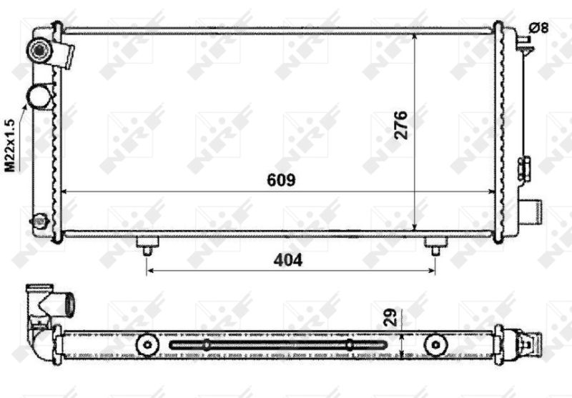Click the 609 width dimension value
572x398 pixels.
click(281, 180)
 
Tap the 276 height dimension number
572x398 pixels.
click(401, 125)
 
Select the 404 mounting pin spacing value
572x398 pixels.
click(288, 260)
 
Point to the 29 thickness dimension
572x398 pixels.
click(390, 317)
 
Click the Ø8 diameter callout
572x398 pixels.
click(538, 28)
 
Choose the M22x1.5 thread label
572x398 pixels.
click(10, 145)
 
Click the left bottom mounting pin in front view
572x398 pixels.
click(147, 246)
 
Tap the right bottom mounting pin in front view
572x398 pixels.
click(435, 246)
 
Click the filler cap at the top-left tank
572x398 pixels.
click(40, 51)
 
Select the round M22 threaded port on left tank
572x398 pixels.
click(39, 96)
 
